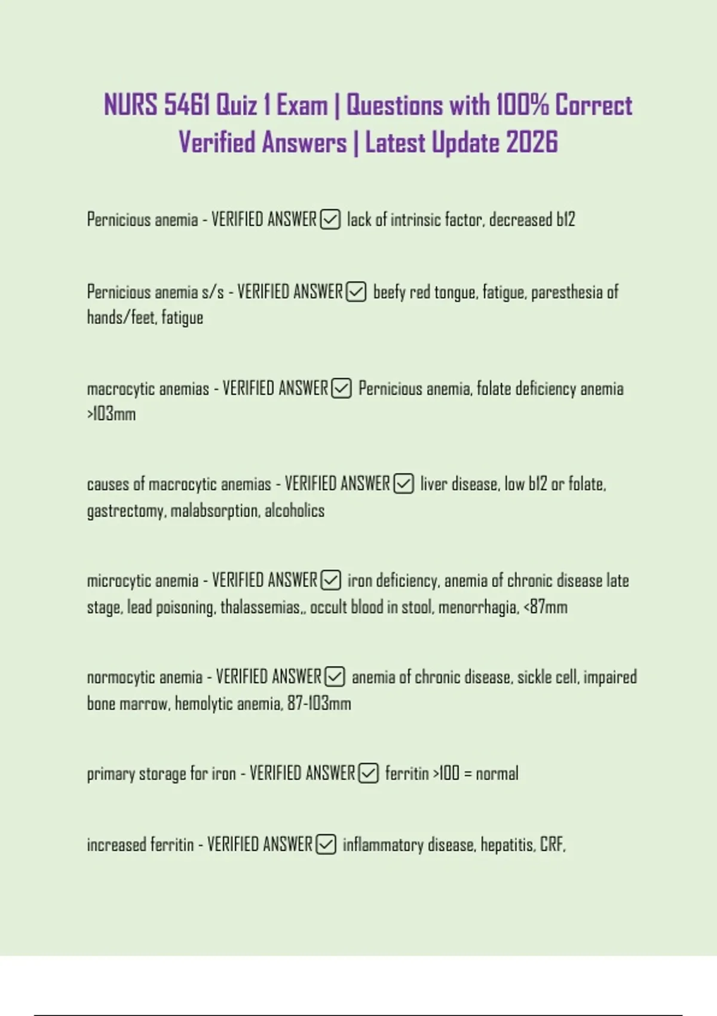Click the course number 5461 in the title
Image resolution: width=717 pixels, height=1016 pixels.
(186, 106)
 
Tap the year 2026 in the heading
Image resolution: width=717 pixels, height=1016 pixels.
(531, 143)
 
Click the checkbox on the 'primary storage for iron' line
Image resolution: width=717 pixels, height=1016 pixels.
(369, 773)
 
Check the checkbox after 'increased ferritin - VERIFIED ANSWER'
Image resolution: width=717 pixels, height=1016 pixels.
(326, 844)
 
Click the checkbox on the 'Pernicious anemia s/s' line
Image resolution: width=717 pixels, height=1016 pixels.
(357, 292)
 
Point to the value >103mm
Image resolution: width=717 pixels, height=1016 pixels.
(111, 414)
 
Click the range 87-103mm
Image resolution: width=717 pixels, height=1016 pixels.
(319, 703)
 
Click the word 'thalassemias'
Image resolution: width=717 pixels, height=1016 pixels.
(260, 607)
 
